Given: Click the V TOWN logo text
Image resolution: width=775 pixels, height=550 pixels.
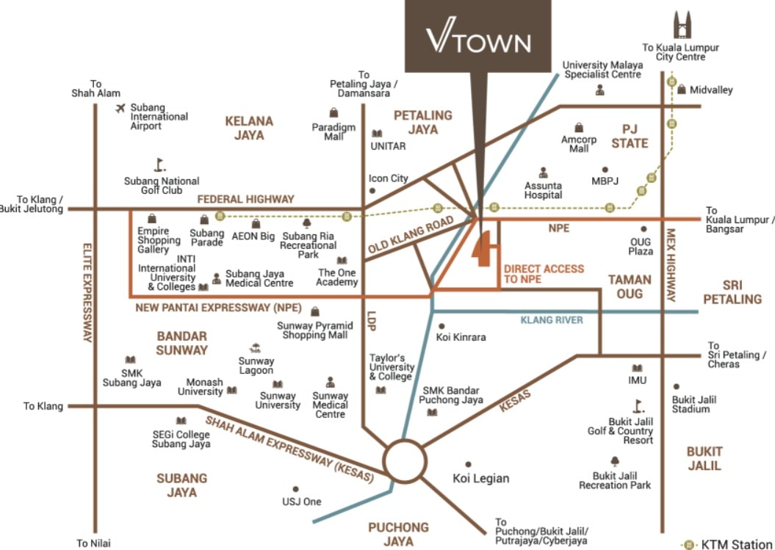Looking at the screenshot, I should click(478, 40).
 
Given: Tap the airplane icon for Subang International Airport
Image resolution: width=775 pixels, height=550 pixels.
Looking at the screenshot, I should click(120, 109).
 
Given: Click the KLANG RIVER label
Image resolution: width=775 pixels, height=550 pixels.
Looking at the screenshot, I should click(551, 320).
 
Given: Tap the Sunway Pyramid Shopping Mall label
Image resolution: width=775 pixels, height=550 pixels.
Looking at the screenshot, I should click(312, 330).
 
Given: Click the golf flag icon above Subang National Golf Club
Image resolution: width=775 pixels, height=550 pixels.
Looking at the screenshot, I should click(159, 164).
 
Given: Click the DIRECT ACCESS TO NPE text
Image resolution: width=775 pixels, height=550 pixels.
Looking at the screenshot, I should click(544, 274).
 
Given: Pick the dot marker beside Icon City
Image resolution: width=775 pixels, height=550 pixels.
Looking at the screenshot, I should click(372, 191).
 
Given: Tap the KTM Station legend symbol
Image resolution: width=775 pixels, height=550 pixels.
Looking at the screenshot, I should click(688, 544).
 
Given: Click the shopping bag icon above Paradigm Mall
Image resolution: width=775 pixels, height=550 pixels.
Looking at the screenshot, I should click(334, 112).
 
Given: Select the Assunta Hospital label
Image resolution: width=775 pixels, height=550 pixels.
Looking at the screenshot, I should click(544, 190).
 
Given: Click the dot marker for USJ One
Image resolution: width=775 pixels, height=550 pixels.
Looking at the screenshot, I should click(295, 488).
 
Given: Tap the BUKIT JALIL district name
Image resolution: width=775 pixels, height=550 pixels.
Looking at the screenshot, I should click(704, 458).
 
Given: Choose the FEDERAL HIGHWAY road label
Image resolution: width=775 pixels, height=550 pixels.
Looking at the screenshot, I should click(245, 199).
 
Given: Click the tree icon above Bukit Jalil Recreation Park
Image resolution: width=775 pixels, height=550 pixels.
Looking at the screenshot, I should click(614, 461).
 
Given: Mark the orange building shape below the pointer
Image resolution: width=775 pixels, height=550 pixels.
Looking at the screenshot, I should click(485, 250).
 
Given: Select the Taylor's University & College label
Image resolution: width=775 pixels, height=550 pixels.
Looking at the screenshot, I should click(392, 367).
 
